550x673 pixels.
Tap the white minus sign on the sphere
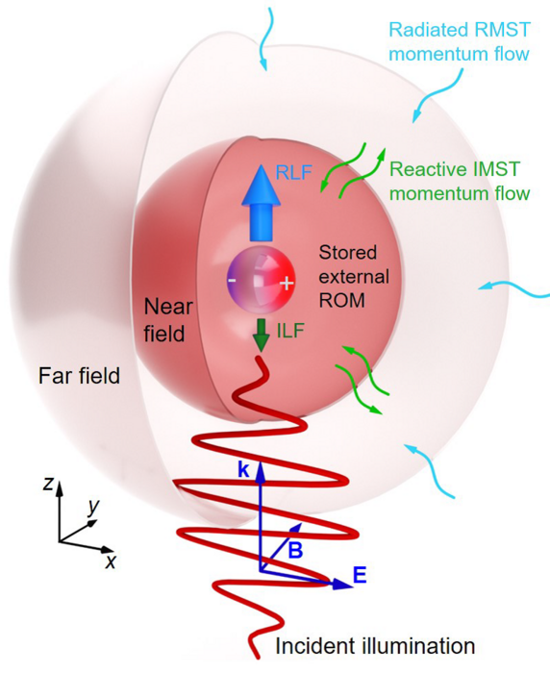pyautogui.click(x=231, y=281)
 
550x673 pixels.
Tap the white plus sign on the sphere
pyautogui.click(x=286, y=284)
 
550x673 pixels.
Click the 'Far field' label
pyautogui.click(x=81, y=376)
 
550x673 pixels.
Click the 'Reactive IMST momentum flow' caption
pyautogui.click(x=460, y=181)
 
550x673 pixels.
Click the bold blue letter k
pyautogui.click(x=245, y=470)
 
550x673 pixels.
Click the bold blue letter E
pyautogui.click(x=359, y=576)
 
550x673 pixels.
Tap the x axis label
pyautogui.click(x=110, y=561)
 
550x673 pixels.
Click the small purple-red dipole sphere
pyautogui.click(x=258, y=281)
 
